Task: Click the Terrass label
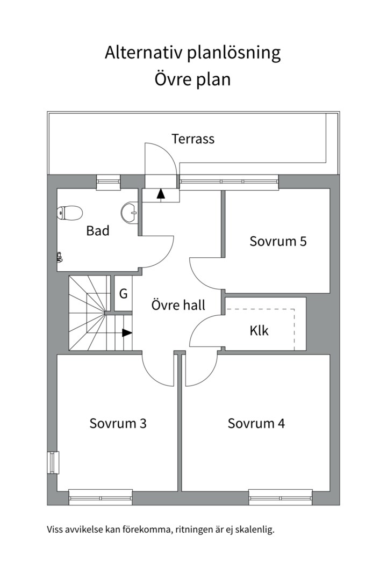(193, 139)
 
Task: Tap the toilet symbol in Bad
(68, 213)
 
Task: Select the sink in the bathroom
(130, 213)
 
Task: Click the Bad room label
(98, 231)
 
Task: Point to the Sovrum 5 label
(278, 241)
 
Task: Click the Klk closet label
(259, 330)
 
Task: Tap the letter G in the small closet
(123, 294)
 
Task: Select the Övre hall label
(178, 306)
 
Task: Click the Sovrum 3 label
(118, 423)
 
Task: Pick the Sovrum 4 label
(256, 423)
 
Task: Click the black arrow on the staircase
(127, 333)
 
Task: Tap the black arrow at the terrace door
(161, 194)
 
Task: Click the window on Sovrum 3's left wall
(53, 462)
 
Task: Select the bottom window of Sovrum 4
(280, 497)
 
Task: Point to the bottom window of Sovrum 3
(101, 497)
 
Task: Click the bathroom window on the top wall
(108, 182)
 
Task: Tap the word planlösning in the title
(234, 53)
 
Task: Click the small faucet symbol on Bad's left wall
(59, 258)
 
